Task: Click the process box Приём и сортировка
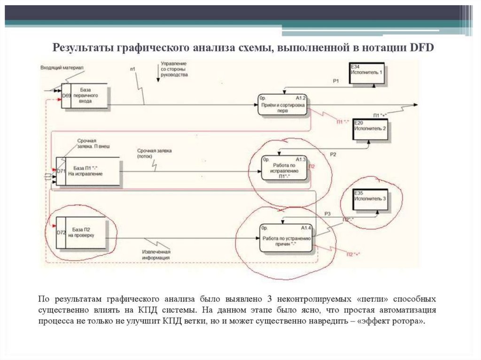[283, 107]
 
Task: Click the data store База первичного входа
[85, 95]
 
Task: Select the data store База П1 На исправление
[88, 171]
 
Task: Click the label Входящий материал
[62, 68]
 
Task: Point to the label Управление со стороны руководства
[174, 69]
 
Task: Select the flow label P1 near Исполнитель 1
[335, 81]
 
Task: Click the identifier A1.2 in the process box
[301, 98]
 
